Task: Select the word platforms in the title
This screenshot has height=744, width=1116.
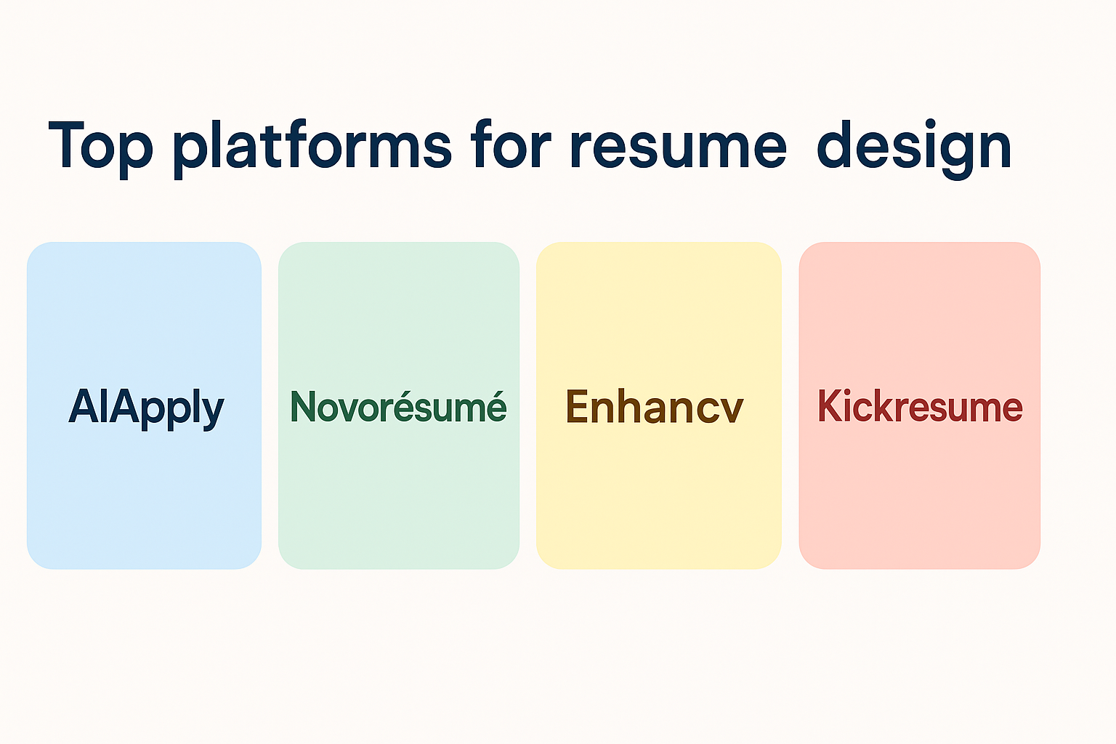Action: [312, 148]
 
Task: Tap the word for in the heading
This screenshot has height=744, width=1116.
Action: [511, 144]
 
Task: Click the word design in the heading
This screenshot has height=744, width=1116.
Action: [914, 148]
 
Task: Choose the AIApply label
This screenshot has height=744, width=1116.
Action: [146, 408]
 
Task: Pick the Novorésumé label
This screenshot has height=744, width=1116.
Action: [398, 406]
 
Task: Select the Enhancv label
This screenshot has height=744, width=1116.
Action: [654, 406]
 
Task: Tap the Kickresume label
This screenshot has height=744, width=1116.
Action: [920, 405]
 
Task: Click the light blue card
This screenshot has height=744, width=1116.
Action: [144, 405]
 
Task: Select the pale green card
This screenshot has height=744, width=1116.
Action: [399, 405]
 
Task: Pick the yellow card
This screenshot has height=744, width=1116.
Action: [659, 405]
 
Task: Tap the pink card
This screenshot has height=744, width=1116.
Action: [919, 405]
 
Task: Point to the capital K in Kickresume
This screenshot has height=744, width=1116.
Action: [832, 406]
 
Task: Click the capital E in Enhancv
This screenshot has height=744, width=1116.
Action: [578, 406]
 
